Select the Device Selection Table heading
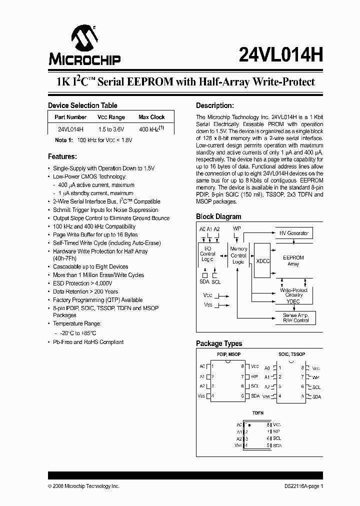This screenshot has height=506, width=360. pos(82,105)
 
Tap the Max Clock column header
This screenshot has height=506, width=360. pos(151,117)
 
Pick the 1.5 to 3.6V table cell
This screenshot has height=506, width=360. pos(111,129)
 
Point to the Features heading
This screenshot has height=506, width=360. pos(62,156)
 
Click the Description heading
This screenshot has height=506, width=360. pos(214,105)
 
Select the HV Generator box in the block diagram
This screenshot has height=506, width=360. pos(294,233)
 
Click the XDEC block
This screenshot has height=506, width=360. pos(262,261)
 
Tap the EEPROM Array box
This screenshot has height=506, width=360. pos(293,260)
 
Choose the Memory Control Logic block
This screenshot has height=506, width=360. pos(238,255)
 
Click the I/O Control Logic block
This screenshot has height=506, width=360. pos(207,253)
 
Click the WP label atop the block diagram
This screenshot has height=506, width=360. pos(237,228)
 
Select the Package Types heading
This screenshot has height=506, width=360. pos(219,343)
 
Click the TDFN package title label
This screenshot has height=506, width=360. pos(258,413)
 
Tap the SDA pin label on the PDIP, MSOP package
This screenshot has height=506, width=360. pos(255,396)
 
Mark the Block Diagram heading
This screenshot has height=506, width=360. pos(218,216)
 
